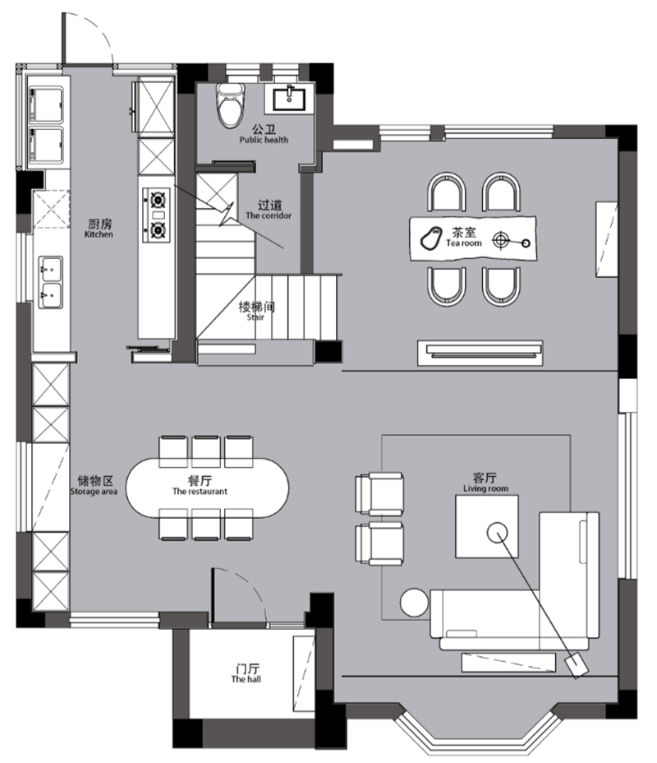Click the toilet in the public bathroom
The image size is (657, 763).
point(230,104)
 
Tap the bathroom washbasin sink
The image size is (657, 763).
point(289,99)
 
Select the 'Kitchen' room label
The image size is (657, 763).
point(99,229)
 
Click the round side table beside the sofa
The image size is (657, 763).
point(414,603)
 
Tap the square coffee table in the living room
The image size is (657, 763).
point(487,526)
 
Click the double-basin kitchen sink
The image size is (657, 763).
point(51,283)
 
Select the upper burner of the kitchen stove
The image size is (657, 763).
point(158,200)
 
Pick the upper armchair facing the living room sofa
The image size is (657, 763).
point(379,494)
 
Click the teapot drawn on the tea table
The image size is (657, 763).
point(431,238)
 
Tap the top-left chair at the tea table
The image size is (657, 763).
point(447,192)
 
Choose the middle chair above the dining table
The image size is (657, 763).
point(206,451)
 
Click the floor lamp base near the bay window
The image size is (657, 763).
point(576,664)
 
